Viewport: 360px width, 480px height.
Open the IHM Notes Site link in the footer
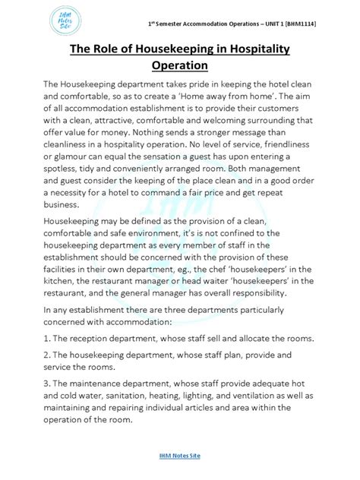pyautogui.click(x=179, y=456)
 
